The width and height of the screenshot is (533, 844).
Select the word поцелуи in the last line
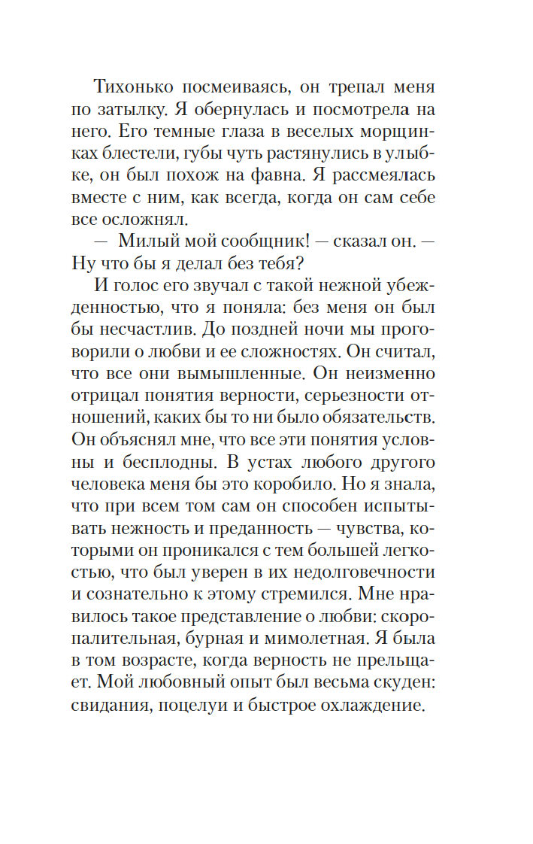198,707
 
